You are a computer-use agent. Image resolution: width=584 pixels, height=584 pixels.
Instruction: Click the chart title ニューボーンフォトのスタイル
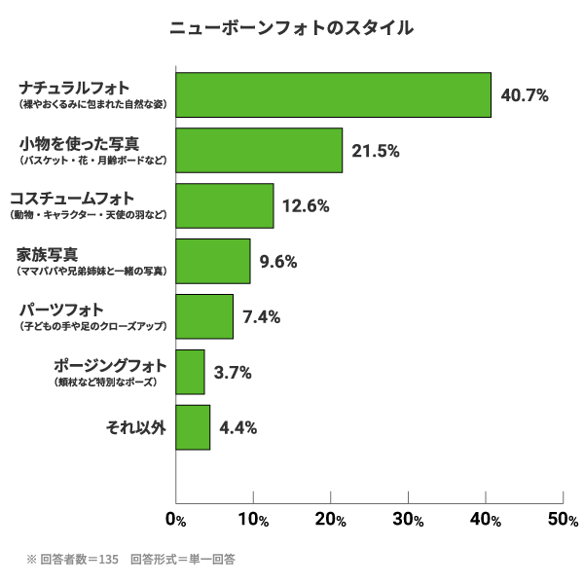[x=292, y=27]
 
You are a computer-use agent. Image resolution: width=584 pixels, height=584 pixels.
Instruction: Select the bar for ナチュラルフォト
[x=333, y=94]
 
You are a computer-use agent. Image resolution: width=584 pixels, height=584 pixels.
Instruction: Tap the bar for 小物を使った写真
[x=259, y=150]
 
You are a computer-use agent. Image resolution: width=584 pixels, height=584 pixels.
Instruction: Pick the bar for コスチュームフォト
[x=224, y=205]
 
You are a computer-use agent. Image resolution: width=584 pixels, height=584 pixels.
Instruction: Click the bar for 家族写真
[x=212, y=261]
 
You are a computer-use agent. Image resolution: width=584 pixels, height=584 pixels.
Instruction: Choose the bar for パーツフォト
[x=204, y=316]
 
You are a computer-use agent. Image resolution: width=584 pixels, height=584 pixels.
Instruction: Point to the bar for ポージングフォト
[x=190, y=372]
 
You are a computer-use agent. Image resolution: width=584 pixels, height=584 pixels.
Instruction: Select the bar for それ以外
[x=193, y=427]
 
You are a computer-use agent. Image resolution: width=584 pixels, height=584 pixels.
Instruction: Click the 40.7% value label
[x=525, y=95]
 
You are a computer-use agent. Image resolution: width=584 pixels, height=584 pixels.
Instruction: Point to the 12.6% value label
[x=306, y=206]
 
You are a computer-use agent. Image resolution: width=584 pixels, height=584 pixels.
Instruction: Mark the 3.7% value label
[x=233, y=373]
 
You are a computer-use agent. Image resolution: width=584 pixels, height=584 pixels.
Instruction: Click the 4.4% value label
[x=238, y=428]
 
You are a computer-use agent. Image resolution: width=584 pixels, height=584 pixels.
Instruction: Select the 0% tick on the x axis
[x=175, y=520]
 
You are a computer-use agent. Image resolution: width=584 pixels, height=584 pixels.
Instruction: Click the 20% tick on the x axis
[x=330, y=520]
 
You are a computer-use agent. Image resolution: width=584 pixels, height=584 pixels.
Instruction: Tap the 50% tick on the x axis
[x=563, y=520]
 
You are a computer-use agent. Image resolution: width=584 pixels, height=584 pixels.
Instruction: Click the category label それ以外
[x=135, y=427]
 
